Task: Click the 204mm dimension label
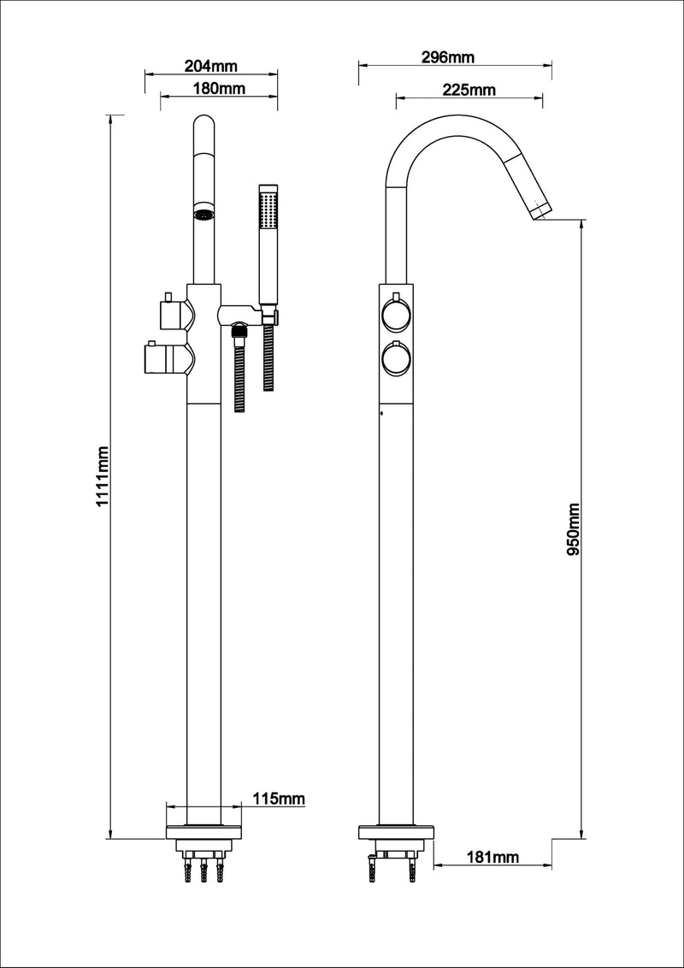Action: (210, 65)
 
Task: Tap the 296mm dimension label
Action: (448, 57)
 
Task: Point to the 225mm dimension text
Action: (469, 90)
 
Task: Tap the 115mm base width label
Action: (279, 799)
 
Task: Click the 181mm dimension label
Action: (495, 856)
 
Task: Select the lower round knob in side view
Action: (396, 359)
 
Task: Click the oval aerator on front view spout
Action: (203, 214)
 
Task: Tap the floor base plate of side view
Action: (395, 830)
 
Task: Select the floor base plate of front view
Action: (203, 830)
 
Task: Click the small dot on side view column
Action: (380, 416)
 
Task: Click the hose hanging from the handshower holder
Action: (269, 368)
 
